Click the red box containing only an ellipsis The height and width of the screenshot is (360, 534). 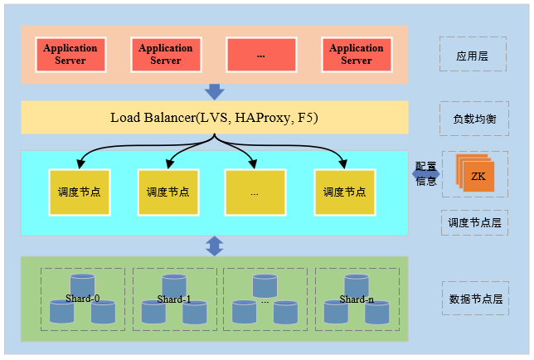point(260,55)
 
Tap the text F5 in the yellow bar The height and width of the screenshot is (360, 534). point(308,118)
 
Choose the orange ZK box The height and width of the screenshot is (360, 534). point(478,177)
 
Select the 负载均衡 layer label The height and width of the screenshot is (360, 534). point(473,119)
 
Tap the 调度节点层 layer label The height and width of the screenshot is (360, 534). point(474,222)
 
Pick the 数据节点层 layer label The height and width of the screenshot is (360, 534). point(474,299)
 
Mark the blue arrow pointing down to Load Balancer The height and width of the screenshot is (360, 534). point(215,91)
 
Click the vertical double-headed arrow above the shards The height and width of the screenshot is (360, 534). point(215,246)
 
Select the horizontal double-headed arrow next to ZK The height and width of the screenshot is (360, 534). point(427,174)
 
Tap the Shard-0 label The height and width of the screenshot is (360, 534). point(83,299)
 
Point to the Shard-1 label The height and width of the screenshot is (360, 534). point(174,299)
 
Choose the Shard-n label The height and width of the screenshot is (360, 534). point(357,299)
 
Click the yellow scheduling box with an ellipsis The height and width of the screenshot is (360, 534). point(255,192)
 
